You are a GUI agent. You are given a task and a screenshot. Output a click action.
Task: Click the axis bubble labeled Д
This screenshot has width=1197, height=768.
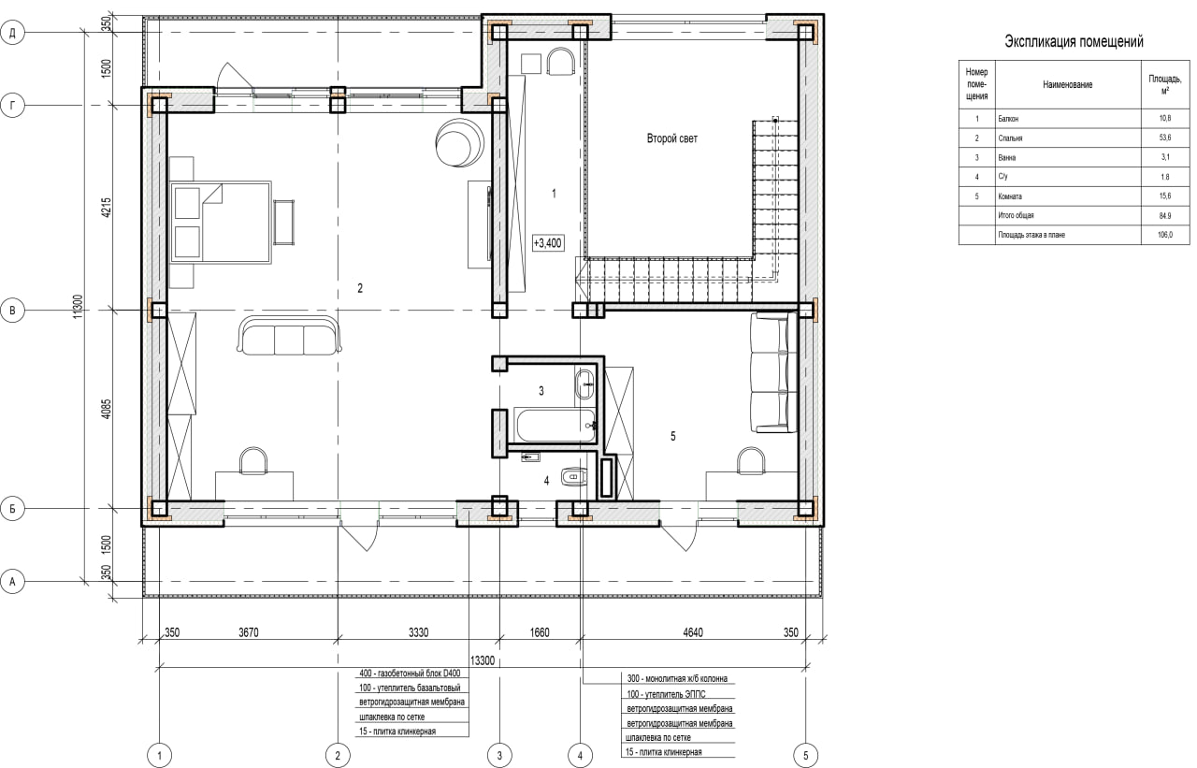[x=12, y=33]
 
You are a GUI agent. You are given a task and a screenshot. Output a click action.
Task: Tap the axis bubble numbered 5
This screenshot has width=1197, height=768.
[x=806, y=756]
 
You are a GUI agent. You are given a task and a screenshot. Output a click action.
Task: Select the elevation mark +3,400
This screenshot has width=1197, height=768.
[x=548, y=243]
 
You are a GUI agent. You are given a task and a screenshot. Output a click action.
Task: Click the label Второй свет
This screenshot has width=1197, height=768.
[x=672, y=138]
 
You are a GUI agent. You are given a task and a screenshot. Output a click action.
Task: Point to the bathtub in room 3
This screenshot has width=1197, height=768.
[x=555, y=425]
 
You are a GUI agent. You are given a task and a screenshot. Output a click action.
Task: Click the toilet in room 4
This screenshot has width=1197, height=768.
[x=574, y=475]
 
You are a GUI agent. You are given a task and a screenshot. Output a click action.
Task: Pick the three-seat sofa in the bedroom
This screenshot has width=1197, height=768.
[x=289, y=335]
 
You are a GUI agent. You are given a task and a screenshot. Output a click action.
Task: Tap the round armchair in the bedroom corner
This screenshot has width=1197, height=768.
[x=459, y=141]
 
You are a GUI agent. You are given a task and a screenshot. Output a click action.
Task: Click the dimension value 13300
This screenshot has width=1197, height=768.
[x=482, y=660]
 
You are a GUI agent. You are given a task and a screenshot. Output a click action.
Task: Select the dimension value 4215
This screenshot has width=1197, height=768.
[x=107, y=208]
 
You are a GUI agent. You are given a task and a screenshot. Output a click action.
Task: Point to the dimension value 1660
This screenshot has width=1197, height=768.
[x=540, y=632]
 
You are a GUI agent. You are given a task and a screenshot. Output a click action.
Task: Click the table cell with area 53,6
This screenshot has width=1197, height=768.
[x=1165, y=138]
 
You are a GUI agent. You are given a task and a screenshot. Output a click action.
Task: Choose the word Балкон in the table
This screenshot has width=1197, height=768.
[x=1008, y=119]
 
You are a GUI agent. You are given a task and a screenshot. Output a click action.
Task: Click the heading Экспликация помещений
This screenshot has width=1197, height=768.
[x=1074, y=41]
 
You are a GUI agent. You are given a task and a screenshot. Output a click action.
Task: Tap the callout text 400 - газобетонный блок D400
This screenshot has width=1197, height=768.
[x=410, y=674]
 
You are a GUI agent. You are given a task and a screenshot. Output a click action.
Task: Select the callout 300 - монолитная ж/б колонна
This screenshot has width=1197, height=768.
[x=677, y=679]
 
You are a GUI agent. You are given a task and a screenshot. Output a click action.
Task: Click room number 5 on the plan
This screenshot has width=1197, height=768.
[x=672, y=437]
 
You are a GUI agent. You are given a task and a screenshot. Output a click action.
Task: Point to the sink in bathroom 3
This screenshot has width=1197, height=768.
[x=584, y=384]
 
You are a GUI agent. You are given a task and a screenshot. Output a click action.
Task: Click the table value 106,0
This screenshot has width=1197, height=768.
[x=1165, y=235]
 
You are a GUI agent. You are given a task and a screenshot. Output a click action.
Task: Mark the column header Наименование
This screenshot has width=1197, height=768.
[x=1068, y=84]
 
